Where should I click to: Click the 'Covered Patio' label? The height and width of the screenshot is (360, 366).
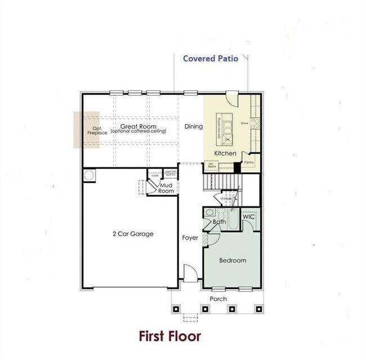211,58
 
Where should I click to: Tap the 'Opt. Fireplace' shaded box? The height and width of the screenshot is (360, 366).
87,129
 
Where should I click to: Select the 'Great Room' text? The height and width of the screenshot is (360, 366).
137,127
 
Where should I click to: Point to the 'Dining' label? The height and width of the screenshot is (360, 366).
193,127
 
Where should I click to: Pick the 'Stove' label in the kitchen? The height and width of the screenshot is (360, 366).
245,122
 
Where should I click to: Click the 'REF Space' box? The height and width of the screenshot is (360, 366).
212,165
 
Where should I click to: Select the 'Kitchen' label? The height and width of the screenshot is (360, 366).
225,153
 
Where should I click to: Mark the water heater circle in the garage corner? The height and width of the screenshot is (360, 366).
89,176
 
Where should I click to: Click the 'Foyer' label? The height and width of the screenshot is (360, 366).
190,238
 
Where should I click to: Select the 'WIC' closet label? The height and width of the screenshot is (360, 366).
249,217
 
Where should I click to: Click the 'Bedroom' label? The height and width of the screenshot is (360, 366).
233,260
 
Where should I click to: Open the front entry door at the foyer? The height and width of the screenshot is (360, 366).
190,275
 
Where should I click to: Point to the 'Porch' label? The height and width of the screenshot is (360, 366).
218,298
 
